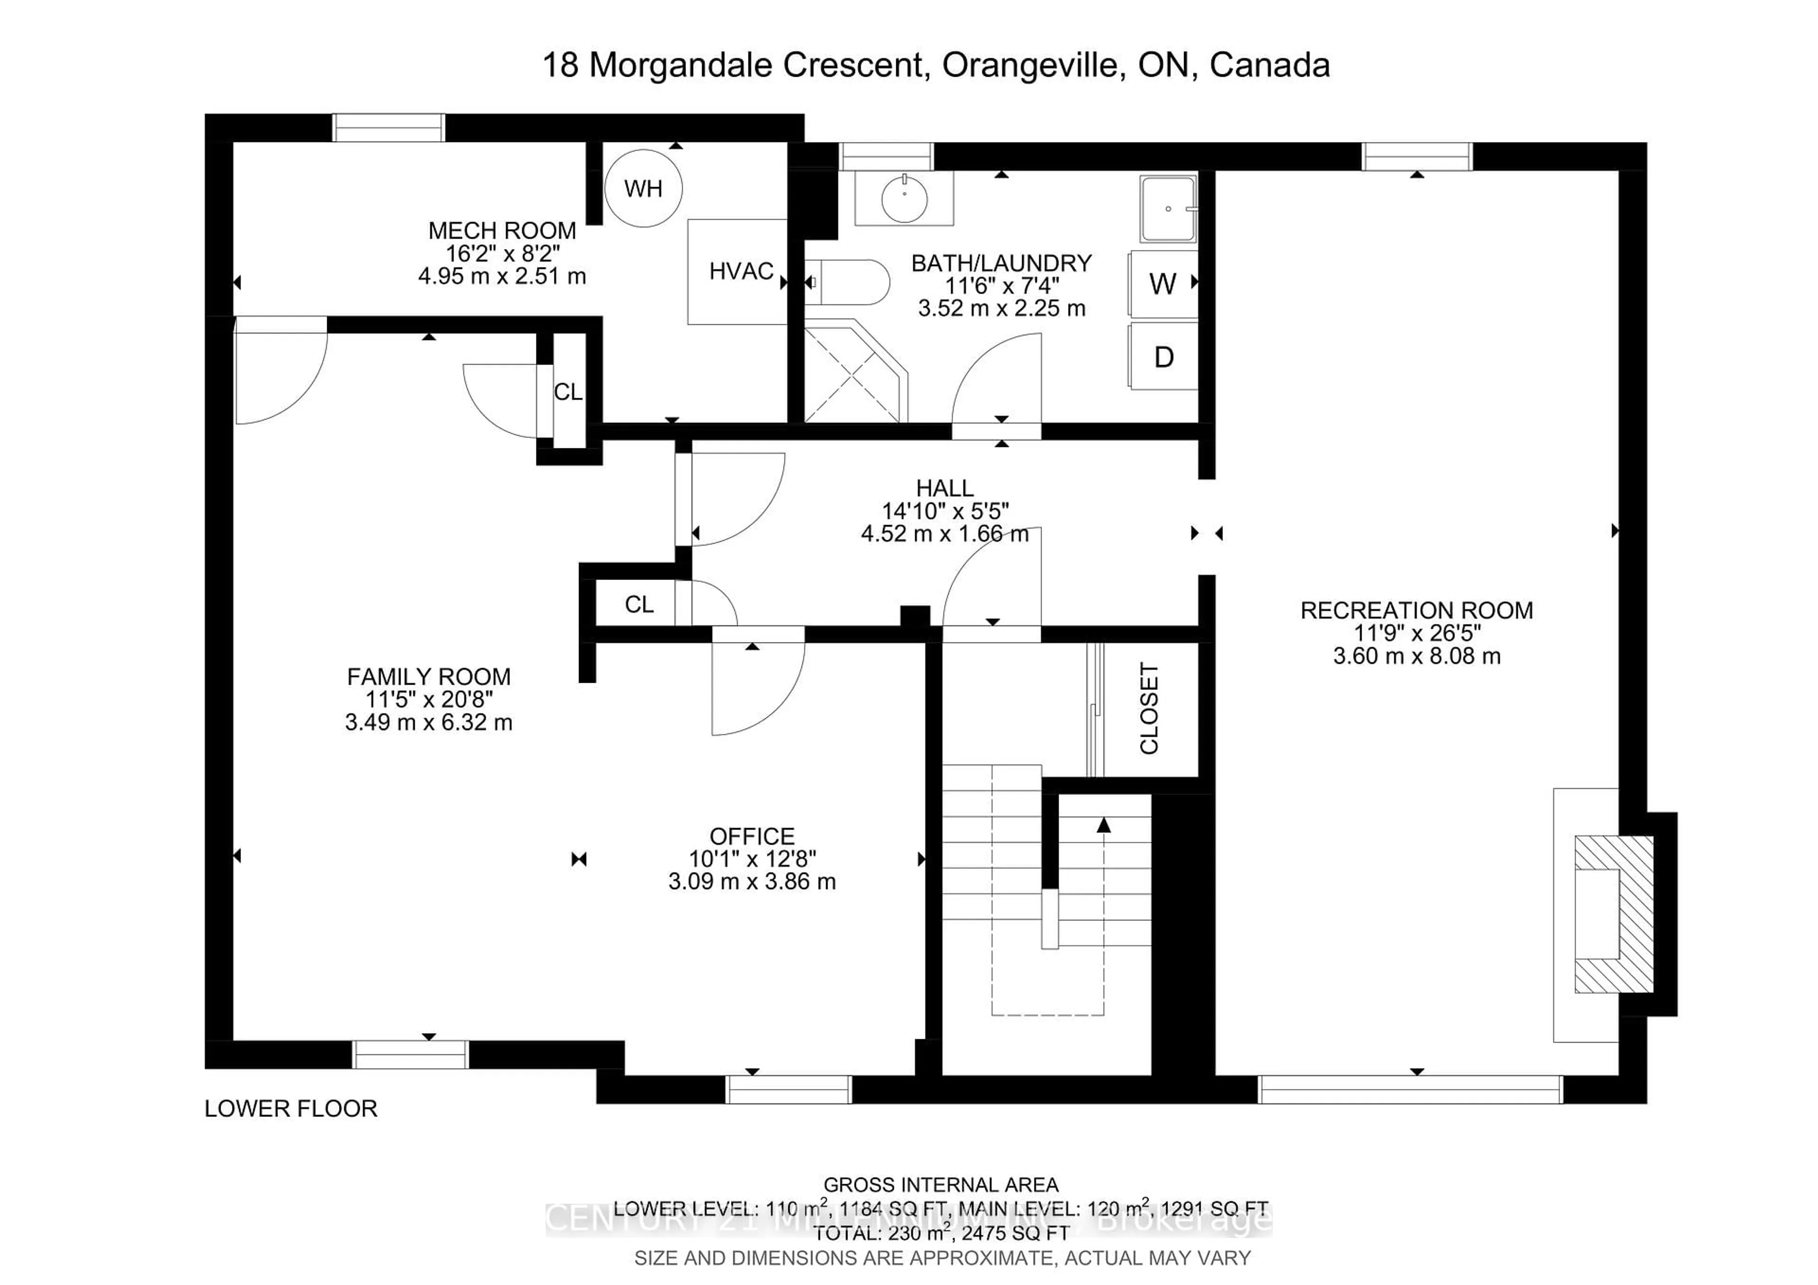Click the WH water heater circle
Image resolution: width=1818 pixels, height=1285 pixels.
pyautogui.click(x=643, y=188)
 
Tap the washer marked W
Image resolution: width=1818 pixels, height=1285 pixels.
pyautogui.click(x=1162, y=284)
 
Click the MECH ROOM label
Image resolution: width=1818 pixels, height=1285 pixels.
pyautogui.click(x=502, y=231)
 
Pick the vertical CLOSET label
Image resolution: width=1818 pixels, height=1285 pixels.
pyautogui.click(x=1149, y=709)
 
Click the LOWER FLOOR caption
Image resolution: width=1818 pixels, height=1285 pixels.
pyautogui.click(x=291, y=1108)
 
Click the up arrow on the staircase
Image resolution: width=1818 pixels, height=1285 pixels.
pyautogui.click(x=1104, y=826)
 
